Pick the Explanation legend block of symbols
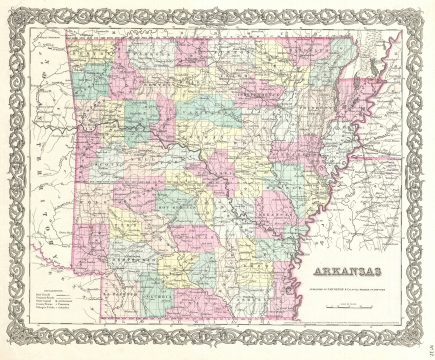pyautogui.click(x=56, y=294)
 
